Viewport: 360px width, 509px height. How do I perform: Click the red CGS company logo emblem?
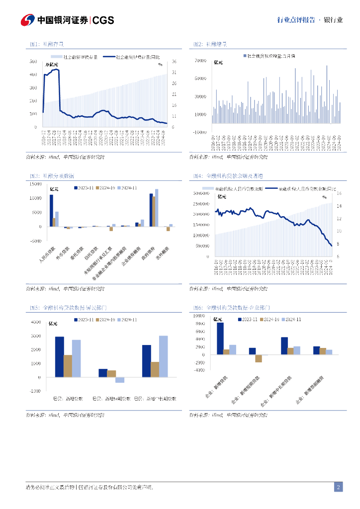click(27, 20)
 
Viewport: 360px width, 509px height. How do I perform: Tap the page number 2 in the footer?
click(338, 487)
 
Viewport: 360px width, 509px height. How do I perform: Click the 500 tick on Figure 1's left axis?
click(33, 62)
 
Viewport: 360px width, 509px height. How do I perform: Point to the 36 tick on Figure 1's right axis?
click(175, 62)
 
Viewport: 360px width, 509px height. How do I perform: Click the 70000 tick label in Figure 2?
click(200, 61)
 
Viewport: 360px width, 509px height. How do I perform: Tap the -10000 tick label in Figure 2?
click(200, 132)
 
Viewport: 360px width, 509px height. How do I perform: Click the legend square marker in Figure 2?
click(245, 57)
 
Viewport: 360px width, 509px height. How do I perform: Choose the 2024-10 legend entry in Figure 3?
click(105, 188)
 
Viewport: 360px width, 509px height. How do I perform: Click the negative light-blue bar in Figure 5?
click(120, 380)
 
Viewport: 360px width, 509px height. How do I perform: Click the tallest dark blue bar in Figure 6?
click(220, 339)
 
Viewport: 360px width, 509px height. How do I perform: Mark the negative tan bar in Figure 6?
click(259, 358)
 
